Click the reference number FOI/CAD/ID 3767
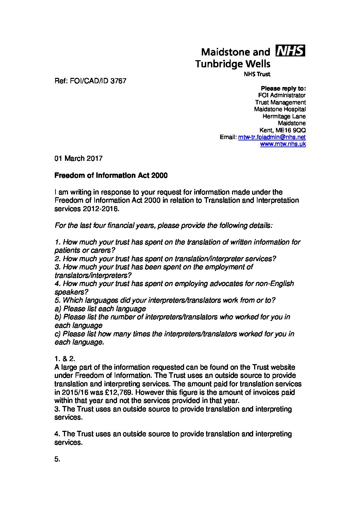tap(90, 81)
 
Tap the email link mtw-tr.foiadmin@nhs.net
tap(272, 137)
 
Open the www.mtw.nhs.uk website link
tap(283, 144)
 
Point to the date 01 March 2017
tap(78, 158)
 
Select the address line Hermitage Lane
tap(284, 116)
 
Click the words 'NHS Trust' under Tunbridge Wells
tap(257, 74)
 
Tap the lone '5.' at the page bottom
tap(57, 459)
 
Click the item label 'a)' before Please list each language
tap(58, 309)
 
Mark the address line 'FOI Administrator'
tap(282, 96)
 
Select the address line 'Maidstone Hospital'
tap(280, 109)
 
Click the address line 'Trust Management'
tap(280, 102)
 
